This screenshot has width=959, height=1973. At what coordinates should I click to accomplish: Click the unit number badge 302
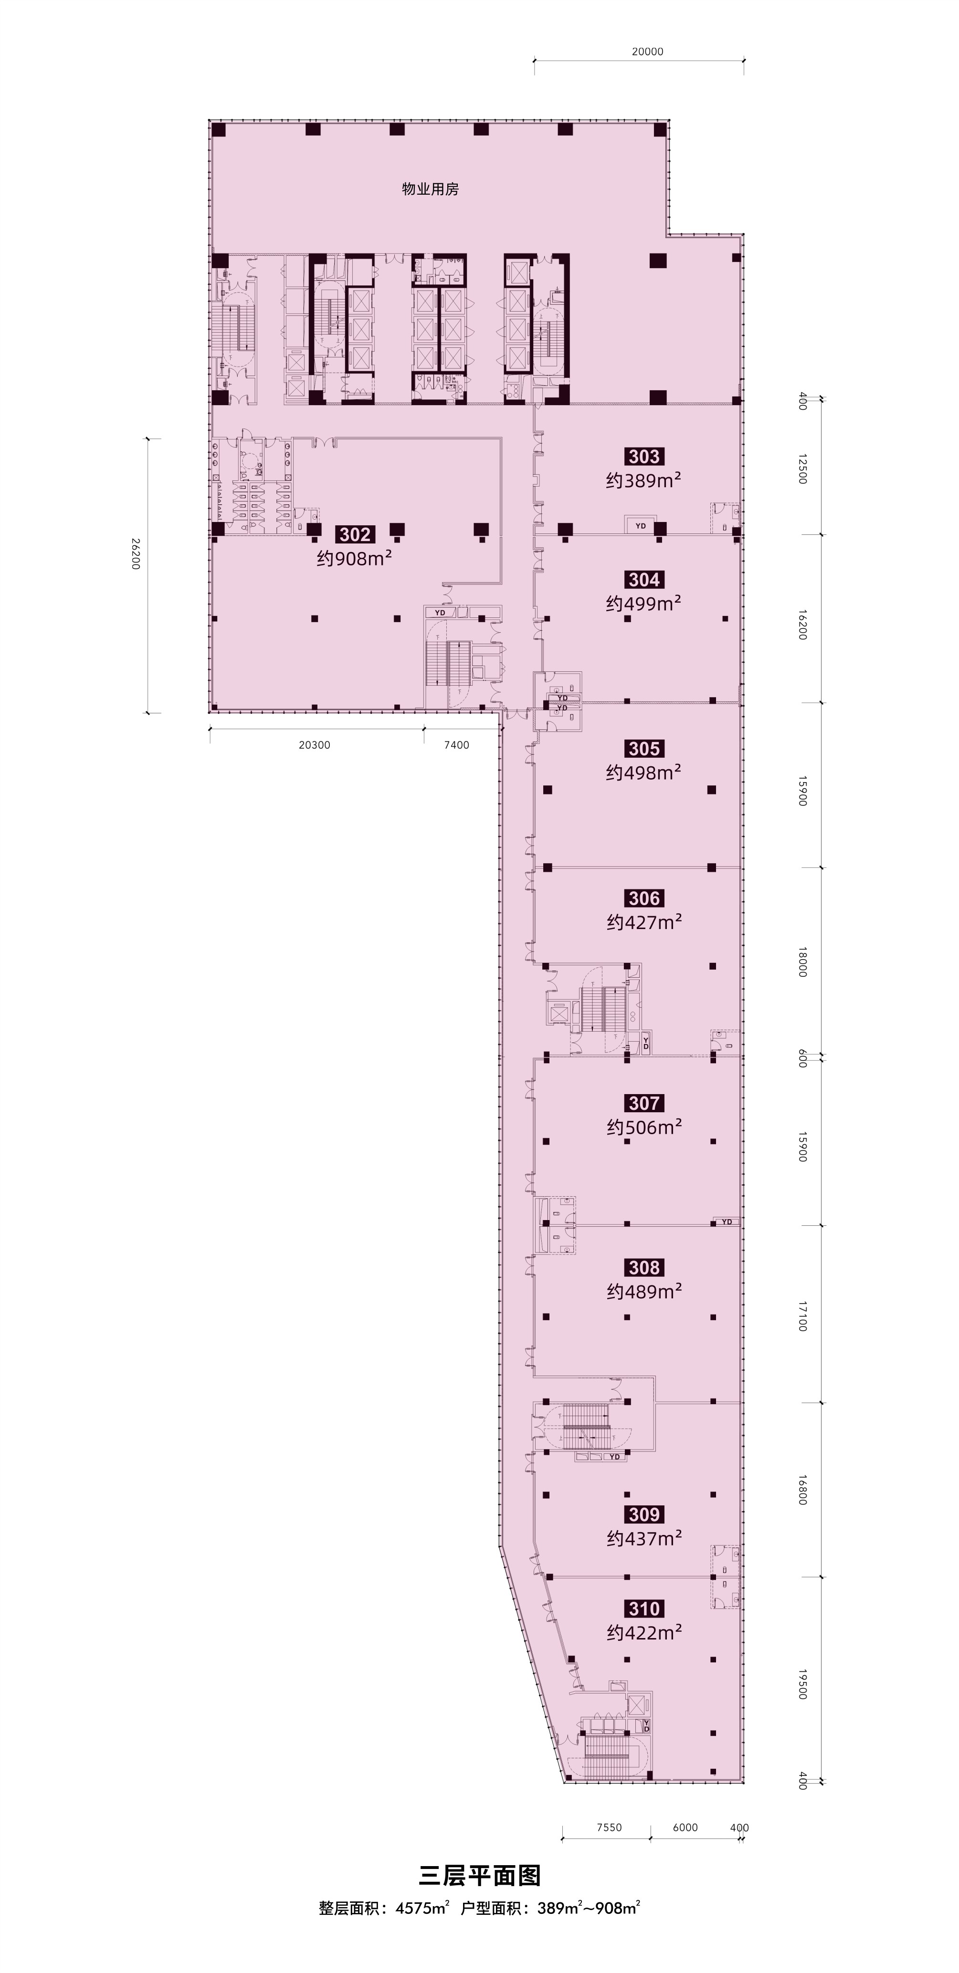pos(355,534)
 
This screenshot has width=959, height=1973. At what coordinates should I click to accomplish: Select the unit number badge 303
pos(643,457)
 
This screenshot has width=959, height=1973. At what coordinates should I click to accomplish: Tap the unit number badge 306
pos(644,898)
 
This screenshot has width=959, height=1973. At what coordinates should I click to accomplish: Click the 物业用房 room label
pos(431,189)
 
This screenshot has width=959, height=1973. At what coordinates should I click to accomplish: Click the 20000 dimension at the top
pos(647,52)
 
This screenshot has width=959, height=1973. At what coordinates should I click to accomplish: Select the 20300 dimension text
pos(314,744)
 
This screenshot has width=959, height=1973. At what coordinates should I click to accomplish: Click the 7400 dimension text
pos(456,744)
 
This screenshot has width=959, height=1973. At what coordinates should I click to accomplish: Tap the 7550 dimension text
pos(609,1827)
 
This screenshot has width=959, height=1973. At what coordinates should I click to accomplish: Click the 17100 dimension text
pos(802,1315)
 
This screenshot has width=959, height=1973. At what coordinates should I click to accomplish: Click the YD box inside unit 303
pos(640,526)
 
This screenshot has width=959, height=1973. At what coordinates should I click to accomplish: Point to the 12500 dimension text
pos(802,469)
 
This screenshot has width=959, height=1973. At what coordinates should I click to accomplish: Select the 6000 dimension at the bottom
pos(685,1827)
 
